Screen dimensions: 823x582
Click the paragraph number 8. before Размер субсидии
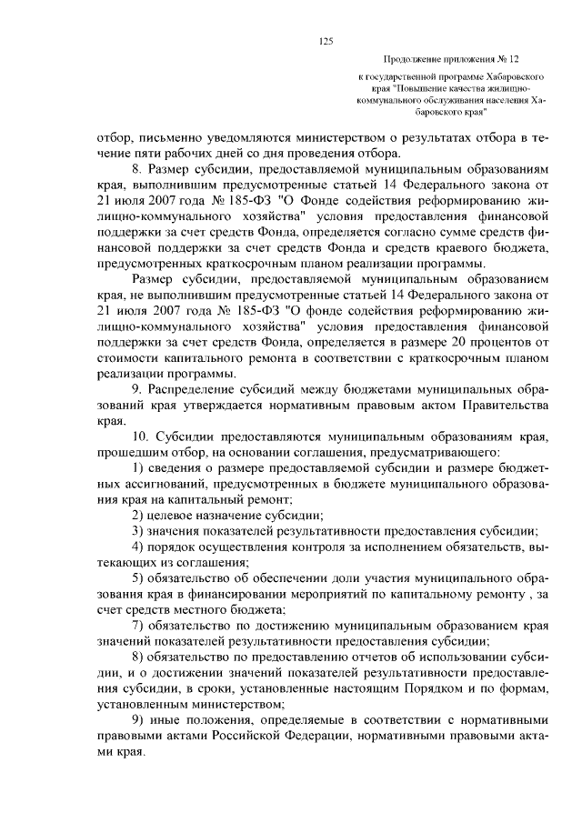point(138,170)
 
